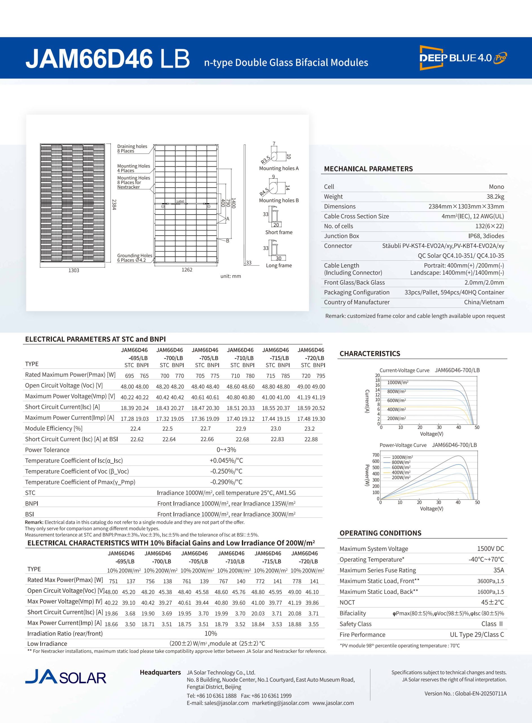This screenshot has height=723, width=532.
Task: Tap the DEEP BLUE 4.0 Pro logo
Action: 463,58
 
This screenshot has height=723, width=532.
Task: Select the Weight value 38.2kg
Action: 495,197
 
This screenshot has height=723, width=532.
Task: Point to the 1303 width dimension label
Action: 74,271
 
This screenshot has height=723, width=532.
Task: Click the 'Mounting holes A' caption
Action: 279,168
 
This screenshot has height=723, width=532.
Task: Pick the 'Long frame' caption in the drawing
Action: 279,265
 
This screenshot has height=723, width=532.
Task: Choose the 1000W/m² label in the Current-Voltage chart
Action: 398,383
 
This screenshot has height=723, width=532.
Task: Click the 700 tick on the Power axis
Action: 376,455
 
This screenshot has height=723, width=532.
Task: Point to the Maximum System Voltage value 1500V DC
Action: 490,549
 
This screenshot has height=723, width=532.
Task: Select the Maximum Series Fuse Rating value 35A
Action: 498,570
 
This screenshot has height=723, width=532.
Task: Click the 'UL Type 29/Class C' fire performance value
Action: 477,635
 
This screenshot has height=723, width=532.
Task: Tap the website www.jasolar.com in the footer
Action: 333,703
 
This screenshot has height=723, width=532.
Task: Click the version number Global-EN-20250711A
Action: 465,693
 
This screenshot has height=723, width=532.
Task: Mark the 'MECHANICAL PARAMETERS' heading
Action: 368,169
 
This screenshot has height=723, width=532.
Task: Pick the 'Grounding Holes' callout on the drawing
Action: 134,256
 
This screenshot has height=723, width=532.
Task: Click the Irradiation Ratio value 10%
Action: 211,633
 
